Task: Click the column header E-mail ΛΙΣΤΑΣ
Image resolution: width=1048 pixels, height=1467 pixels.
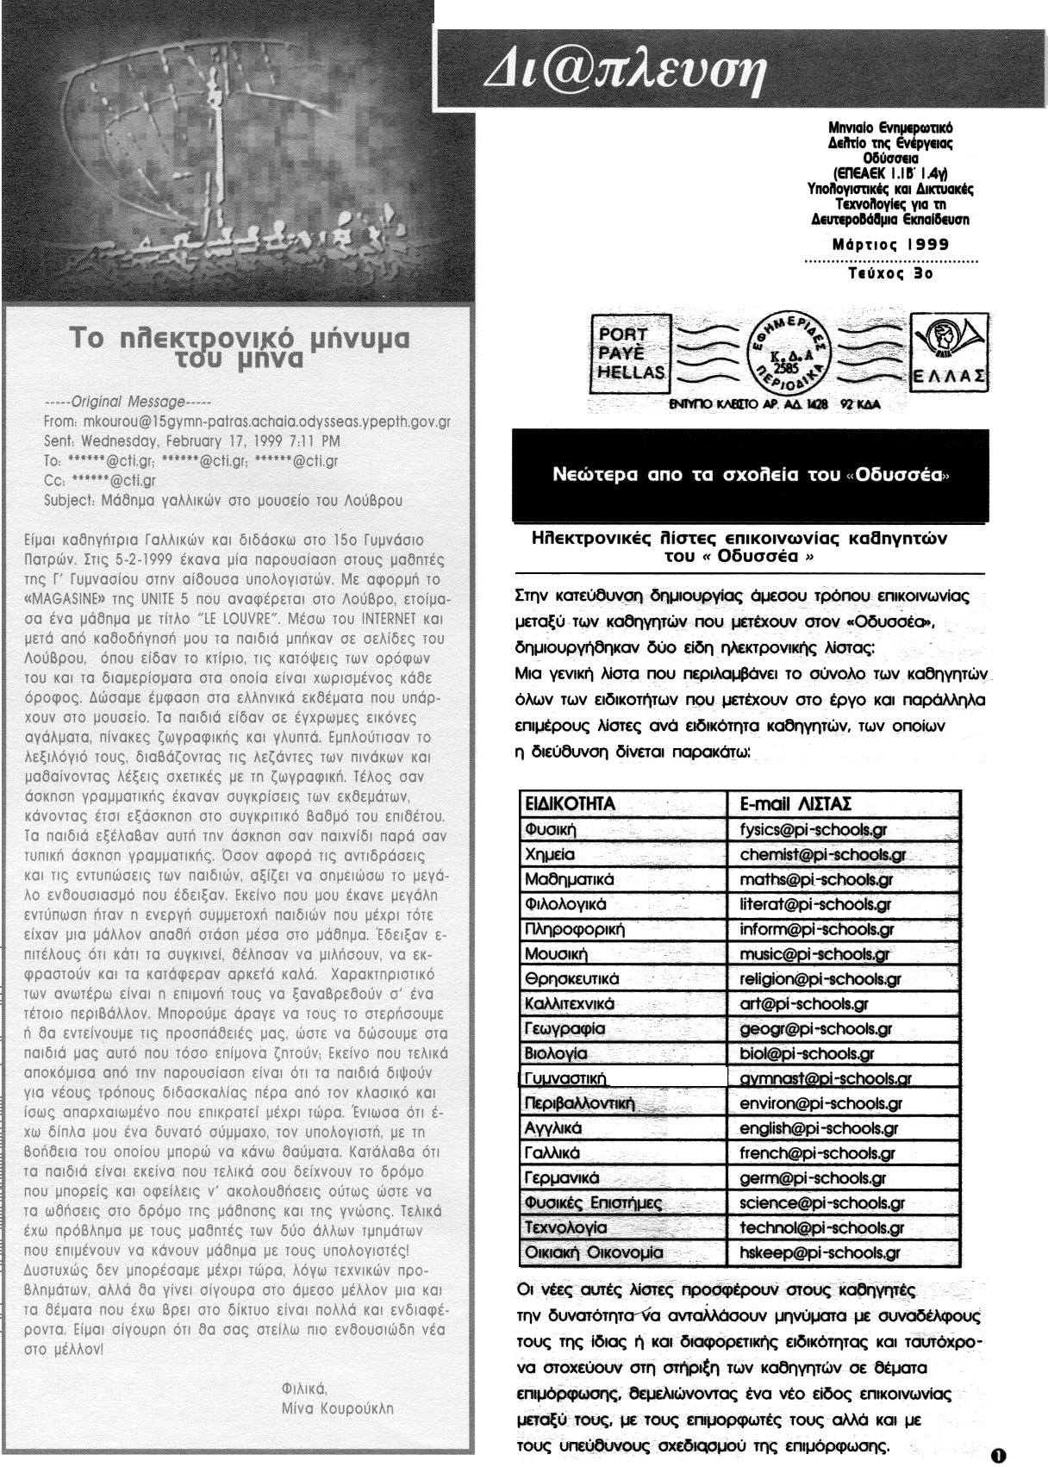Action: click(x=795, y=804)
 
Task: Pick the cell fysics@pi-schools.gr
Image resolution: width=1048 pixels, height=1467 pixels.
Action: click(x=813, y=830)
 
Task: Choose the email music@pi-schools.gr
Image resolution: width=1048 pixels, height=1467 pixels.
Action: click(x=814, y=954)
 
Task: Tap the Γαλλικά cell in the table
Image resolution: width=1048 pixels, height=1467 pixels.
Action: click(x=552, y=1152)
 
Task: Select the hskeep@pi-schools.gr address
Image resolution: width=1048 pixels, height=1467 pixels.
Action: click(x=820, y=1253)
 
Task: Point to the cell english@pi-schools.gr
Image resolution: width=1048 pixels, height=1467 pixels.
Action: click(x=818, y=1128)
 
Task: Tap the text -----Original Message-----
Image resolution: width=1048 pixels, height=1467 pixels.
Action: click(x=127, y=402)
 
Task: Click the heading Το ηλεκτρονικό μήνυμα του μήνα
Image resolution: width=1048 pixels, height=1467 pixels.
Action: click(x=240, y=345)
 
